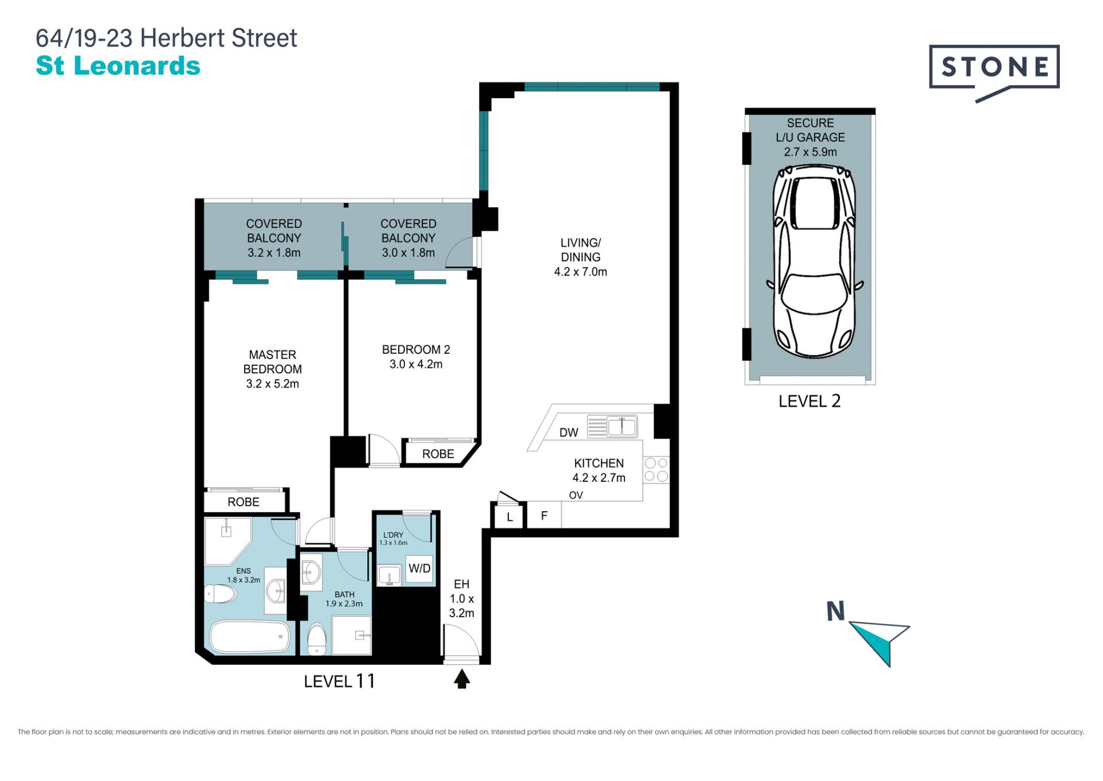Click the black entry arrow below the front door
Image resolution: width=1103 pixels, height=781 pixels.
(462, 679)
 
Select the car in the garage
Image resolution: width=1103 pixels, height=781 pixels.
(815, 261)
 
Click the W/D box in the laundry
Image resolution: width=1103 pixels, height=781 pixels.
(419, 569)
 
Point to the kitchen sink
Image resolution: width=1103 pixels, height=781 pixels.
(622, 427)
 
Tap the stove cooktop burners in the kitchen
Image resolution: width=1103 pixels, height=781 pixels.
(656, 469)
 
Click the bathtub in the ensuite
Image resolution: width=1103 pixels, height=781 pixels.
(250, 636)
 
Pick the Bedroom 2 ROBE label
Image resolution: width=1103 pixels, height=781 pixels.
(438, 454)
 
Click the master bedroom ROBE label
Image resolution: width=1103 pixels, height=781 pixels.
(244, 502)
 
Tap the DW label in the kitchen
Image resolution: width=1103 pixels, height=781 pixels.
(569, 432)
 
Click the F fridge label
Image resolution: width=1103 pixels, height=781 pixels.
(544, 516)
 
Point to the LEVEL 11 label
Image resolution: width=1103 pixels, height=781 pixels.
(340, 681)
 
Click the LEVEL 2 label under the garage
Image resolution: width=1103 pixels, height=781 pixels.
(809, 401)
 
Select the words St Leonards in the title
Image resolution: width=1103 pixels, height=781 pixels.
(118, 65)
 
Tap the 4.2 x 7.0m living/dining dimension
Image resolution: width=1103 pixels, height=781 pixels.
(580, 272)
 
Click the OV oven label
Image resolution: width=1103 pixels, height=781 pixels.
(576, 495)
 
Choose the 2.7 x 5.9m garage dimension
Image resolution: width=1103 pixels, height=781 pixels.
(810, 152)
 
